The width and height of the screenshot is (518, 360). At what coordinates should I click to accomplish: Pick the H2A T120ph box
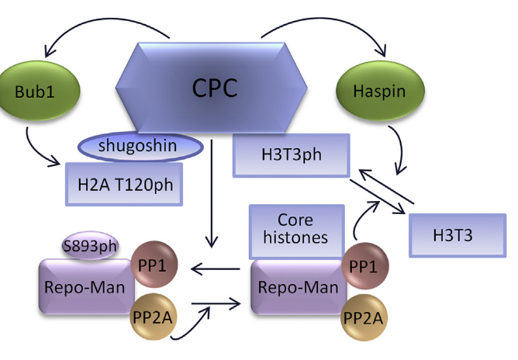click(x=124, y=183)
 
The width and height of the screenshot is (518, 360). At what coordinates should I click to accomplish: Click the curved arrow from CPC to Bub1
click(x=101, y=23)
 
